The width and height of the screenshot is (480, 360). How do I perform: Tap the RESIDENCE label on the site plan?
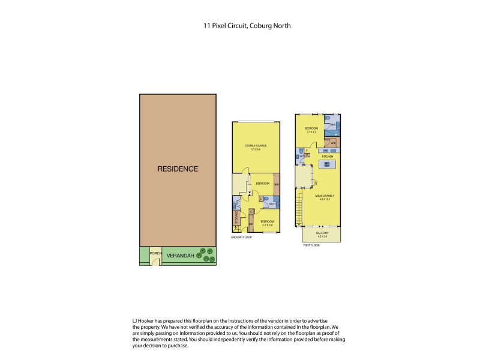point(178,169)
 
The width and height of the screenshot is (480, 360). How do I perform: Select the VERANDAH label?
point(178,256)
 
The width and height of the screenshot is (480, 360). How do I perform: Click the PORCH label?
point(155,253)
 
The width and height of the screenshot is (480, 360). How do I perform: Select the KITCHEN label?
point(327,157)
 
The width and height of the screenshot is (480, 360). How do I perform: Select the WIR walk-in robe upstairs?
point(332,143)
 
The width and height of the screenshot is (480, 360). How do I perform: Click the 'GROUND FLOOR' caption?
point(241,238)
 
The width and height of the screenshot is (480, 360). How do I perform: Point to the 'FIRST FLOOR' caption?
point(310,245)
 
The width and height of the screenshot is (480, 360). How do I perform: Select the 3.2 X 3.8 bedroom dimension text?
point(267,225)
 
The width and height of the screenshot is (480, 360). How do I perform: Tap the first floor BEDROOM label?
point(310,129)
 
